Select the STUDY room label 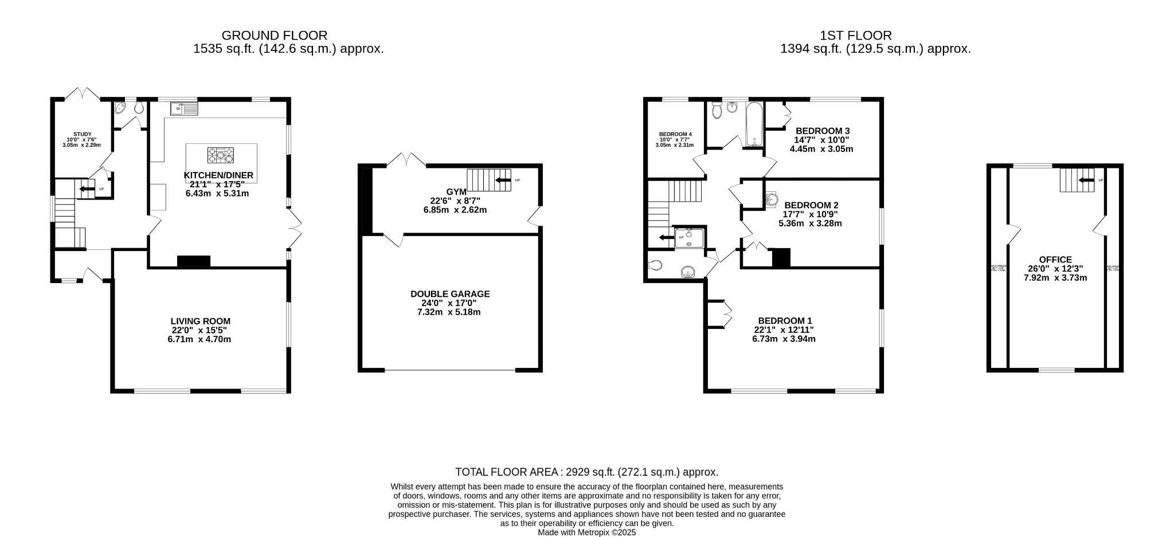pyautogui.click(x=82, y=134)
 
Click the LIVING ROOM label pyautogui.click(x=200, y=322)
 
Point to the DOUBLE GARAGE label pyautogui.click(x=450, y=294)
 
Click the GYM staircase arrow pyautogui.click(x=503, y=181)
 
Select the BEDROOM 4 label pyautogui.click(x=675, y=134)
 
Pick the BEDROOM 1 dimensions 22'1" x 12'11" pyautogui.click(x=784, y=330)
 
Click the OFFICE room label pyautogui.click(x=1055, y=260)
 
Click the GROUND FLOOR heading pyautogui.click(x=275, y=36)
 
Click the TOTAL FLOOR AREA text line pyautogui.click(x=586, y=472)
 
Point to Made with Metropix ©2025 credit pyautogui.click(x=586, y=532)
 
